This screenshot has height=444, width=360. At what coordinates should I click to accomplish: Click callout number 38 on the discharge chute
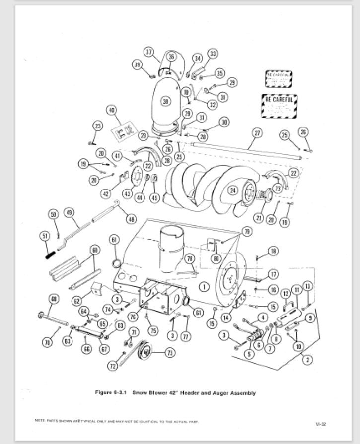[165, 101]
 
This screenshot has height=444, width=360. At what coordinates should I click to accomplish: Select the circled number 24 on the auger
[232, 190]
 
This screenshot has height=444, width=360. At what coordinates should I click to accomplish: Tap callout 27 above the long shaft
[257, 133]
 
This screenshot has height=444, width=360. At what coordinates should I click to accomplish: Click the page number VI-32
[320, 424]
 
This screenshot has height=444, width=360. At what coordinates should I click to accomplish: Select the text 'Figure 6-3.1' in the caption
[112, 393]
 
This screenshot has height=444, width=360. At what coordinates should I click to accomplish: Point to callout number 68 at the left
[54, 298]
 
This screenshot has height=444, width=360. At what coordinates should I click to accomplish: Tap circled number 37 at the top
[149, 52]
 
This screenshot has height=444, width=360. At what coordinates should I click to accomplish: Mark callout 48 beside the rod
[131, 219]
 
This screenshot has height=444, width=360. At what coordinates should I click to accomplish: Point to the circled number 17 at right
[273, 274]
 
